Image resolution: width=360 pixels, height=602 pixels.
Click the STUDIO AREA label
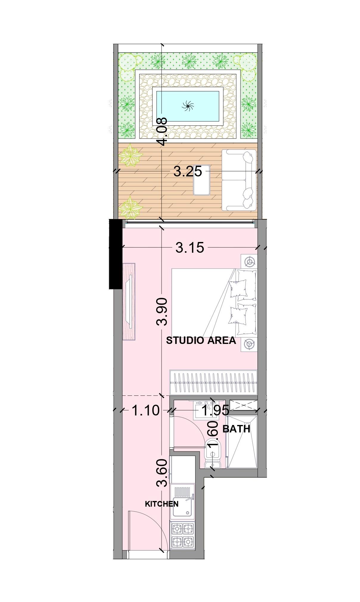click(201, 340)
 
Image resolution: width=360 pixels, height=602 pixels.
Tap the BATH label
click(236, 429)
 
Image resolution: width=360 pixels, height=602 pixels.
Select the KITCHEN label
click(162, 504)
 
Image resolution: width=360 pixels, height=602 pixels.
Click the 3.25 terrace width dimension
click(187, 171)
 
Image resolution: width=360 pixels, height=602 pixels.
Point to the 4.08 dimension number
click(162, 131)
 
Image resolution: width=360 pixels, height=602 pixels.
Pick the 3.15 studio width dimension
click(190, 248)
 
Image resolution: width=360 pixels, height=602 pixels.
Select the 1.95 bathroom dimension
click(215, 410)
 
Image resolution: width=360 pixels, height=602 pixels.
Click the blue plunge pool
click(188, 106)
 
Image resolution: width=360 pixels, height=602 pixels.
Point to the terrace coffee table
click(201, 180)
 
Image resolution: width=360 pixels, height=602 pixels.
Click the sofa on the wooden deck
click(239, 180)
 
